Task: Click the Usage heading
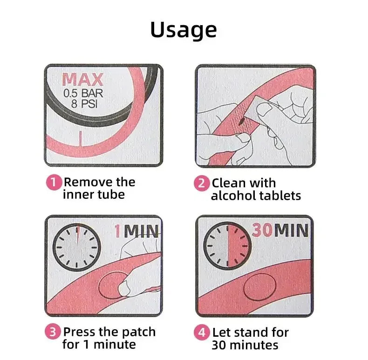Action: [183, 30]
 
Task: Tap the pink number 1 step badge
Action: [54, 182]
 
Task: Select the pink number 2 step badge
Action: [202, 183]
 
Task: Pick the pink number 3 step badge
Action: [53, 332]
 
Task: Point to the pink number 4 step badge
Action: [202, 333]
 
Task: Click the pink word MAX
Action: [82, 80]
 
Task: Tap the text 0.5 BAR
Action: [83, 93]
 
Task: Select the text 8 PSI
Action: [84, 103]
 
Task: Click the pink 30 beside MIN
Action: [262, 230]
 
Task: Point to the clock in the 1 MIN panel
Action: [77, 247]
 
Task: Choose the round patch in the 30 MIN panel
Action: [260, 287]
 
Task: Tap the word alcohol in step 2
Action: [233, 196]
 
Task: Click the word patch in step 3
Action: [139, 333]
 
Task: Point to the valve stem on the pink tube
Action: [81, 139]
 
